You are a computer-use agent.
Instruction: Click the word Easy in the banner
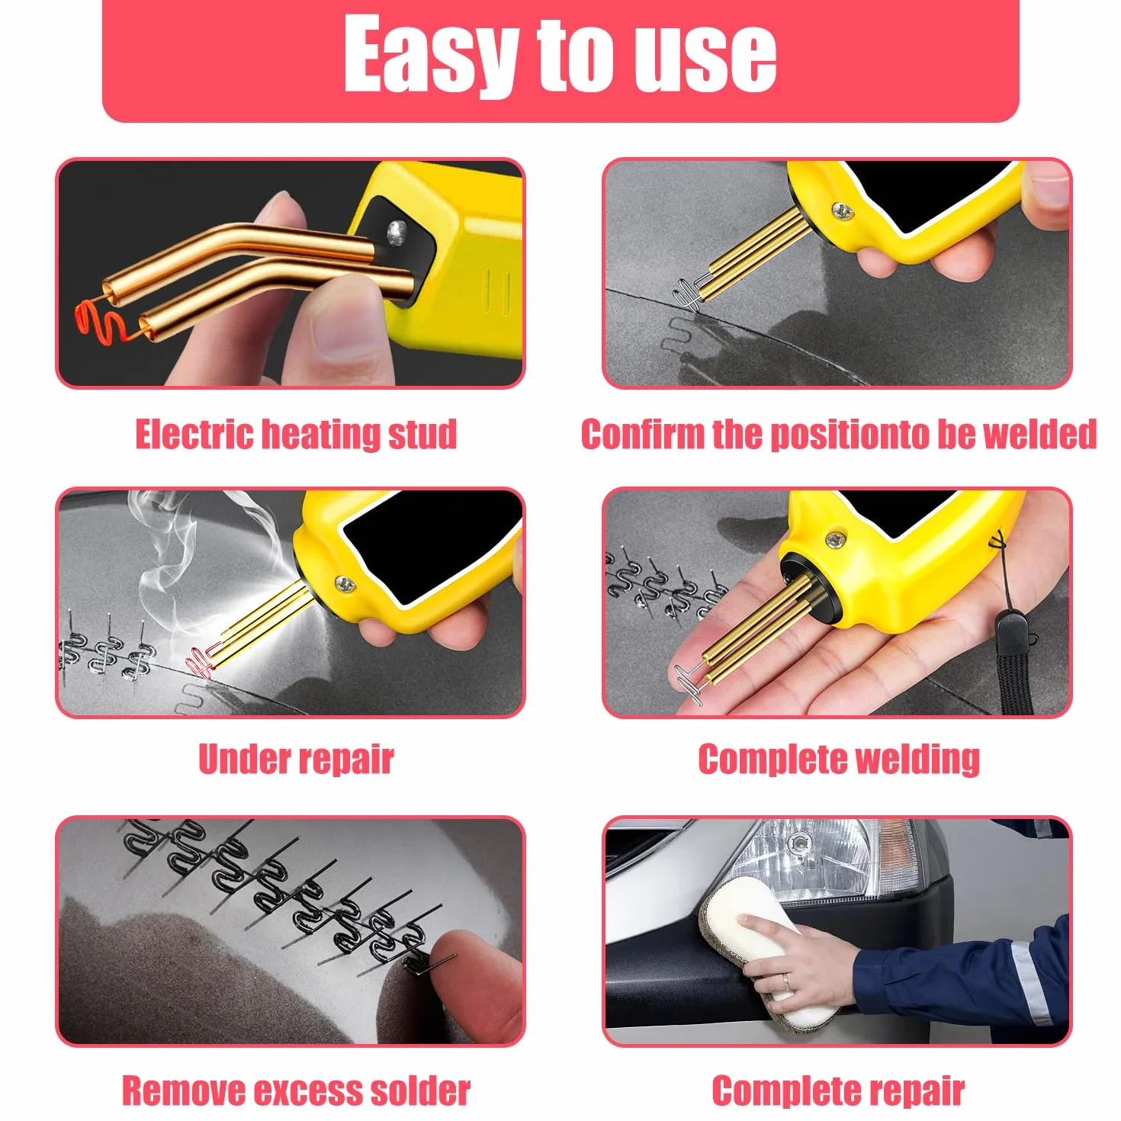point(431,53)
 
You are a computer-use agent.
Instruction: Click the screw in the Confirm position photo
point(843,211)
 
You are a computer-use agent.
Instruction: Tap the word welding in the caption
point(918,760)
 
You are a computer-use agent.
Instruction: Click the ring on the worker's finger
point(786,982)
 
